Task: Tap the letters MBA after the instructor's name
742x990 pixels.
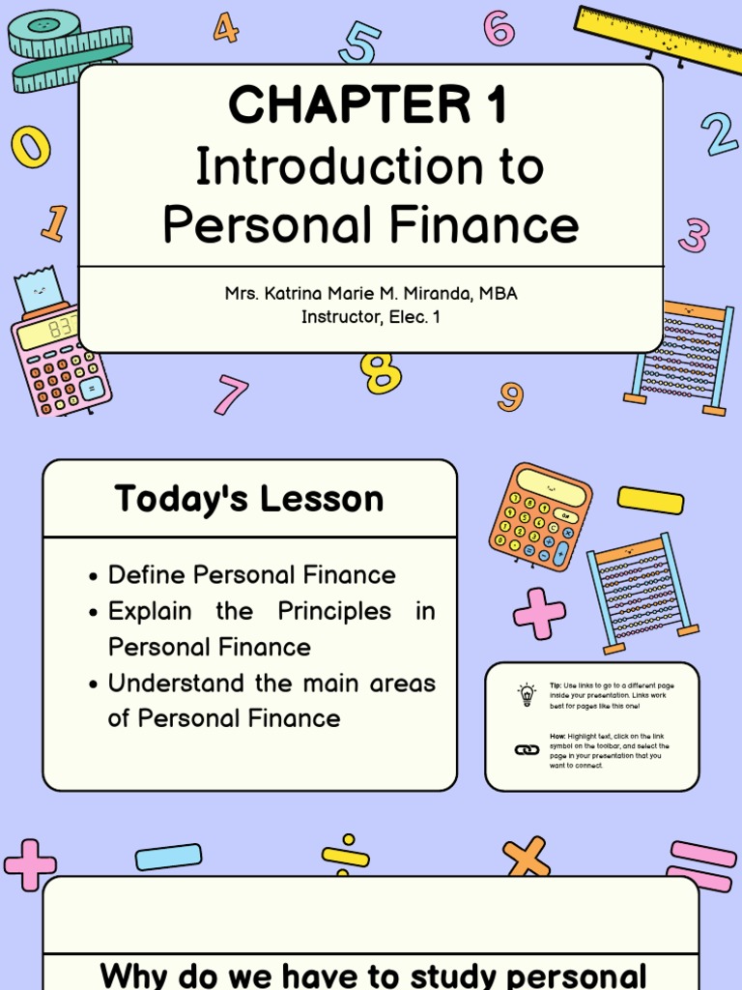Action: point(497,293)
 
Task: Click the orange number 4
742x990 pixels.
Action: point(225,28)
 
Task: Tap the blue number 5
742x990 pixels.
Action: point(359,44)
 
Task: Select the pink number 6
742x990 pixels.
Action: point(499,28)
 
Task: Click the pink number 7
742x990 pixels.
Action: point(231,394)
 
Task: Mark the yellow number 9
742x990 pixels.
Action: point(511,396)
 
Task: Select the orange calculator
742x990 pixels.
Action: point(539,516)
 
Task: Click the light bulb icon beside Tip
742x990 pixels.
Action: point(527,694)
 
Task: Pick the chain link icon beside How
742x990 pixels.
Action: point(527,750)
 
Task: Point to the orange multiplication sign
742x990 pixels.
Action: point(526,858)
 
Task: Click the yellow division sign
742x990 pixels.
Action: point(345,856)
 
